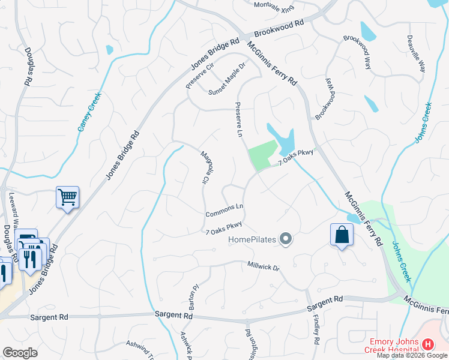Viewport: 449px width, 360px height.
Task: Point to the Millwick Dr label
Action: point(264,266)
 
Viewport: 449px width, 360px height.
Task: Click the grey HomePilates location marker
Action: point(286,239)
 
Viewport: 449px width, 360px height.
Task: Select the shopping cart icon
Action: point(67,197)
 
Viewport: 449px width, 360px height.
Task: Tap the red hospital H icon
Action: point(427,344)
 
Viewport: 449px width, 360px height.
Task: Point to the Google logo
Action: point(20,353)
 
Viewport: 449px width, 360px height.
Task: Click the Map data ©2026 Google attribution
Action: point(412,355)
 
